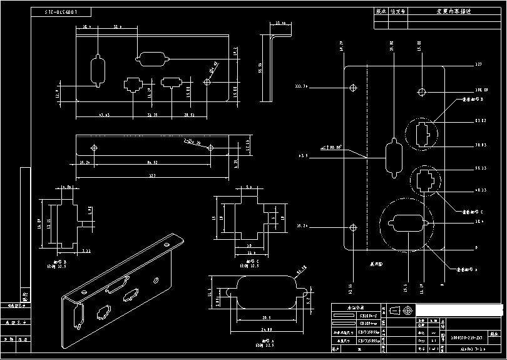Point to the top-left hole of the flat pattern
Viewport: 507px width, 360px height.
click(353, 86)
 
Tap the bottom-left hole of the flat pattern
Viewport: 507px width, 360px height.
click(353, 227)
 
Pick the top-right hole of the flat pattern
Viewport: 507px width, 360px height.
click(422, 93)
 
